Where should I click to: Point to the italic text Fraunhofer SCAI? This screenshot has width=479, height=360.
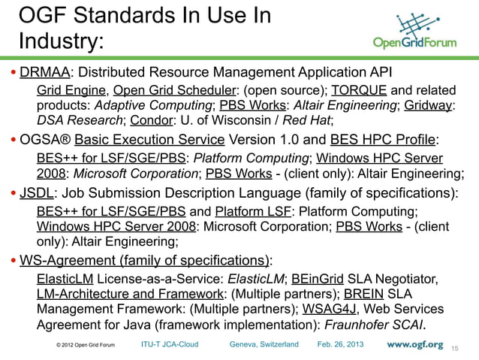(371, 325)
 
